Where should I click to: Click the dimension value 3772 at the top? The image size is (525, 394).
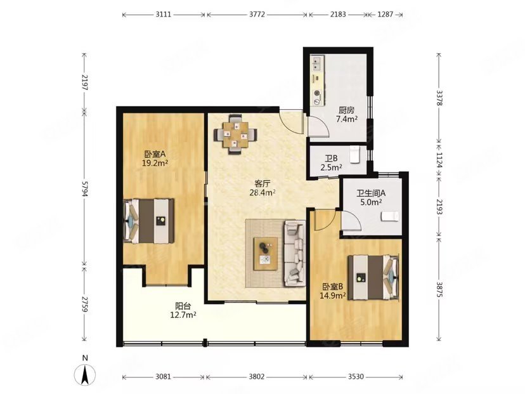point(257,15)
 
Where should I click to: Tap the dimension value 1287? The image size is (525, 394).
point(385,15)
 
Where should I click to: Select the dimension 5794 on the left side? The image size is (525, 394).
point(85,188)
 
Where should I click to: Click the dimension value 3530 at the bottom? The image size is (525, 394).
point(355,377)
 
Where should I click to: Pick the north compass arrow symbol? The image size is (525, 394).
point(86,374)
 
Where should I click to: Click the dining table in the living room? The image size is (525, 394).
point(236,135)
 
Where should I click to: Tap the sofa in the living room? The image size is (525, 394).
point(295,253)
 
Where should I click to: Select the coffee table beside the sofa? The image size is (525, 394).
point(266,254)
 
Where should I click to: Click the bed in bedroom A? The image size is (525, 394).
point(148,221)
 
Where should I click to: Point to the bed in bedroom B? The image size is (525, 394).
point(373,277)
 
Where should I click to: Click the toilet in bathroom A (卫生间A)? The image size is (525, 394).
point(390,216)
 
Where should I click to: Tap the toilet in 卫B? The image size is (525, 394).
point(354,154)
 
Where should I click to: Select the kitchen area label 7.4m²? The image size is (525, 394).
point(346,119)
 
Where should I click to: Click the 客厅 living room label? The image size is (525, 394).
point(262,183)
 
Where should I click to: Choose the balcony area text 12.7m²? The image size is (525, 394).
point(183,315)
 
